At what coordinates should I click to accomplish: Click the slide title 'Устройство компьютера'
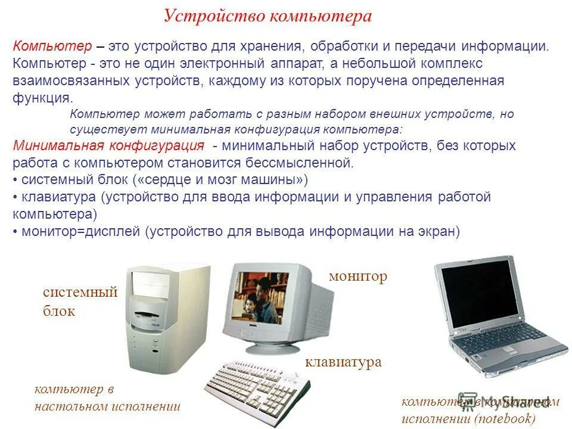pyautogui.click(x=268, y=16)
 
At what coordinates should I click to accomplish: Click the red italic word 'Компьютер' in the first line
pyautogui.click(x=52, y=46)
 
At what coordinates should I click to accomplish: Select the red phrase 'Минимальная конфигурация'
pyautogui.click(x=108, y=146)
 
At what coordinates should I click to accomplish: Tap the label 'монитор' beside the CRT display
pyautogui.click(x=357, y=276)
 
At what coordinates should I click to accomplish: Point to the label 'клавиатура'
pyautogui.click(x=343, y=362)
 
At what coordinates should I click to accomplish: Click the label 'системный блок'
pyautogui.click(x=80, y=301)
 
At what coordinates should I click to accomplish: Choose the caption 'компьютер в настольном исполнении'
pyautogui.click(x=107, y=398)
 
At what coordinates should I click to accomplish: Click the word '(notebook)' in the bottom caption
pyautogui.click(x=506, y=418)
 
